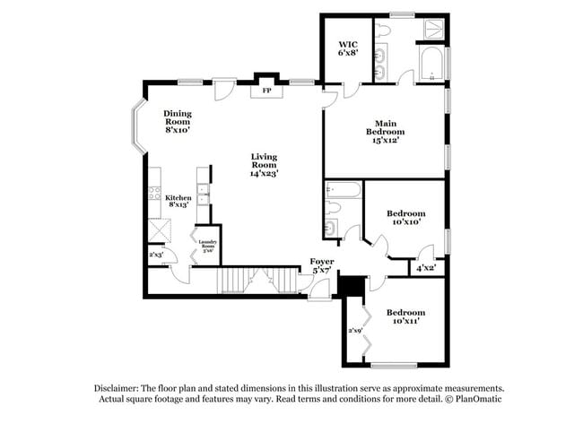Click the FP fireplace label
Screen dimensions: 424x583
point(266,91)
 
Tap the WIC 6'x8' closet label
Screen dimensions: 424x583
point(347,48)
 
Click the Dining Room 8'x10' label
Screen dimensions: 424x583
point(177,121)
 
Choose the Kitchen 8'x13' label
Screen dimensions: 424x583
point(177,200)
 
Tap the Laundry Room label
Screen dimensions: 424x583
point(208,244)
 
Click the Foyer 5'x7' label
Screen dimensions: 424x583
point(322,265)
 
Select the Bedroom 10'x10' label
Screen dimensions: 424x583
point(405,218)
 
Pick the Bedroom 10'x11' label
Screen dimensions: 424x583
point(405,316)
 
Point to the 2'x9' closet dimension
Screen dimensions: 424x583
point(355,331)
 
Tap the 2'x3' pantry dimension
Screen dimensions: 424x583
point(157,255)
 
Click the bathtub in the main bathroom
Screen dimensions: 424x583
point(432,65)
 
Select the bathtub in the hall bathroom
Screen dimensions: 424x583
point(344,189)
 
